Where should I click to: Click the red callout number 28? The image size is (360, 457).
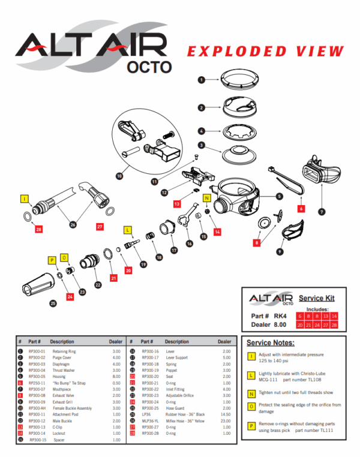point(38,229)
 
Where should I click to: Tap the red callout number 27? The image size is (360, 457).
point(100,227)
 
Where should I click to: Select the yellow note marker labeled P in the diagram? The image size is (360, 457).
point(52,260)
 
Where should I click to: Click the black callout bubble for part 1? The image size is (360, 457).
point(202,79)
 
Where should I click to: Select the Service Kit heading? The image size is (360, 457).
point(316,298)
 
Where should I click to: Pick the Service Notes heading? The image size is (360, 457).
point(271,342)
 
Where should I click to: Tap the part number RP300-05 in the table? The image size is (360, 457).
point(37,376)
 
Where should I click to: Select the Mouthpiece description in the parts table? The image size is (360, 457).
point(62,389)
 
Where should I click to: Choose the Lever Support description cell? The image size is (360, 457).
point(179,358)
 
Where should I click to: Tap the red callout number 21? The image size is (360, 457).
point(113,278)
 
